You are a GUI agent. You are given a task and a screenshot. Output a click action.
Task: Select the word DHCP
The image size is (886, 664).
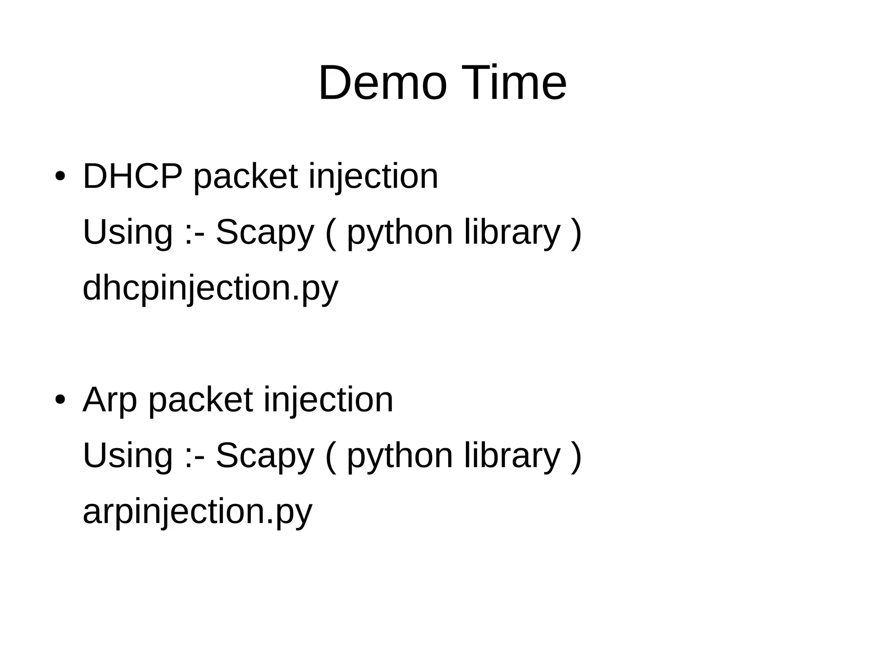pyautogui.click(x=132, y=176)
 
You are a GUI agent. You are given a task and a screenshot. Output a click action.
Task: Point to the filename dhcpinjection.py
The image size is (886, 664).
pyautogui.click(x=210, y=289)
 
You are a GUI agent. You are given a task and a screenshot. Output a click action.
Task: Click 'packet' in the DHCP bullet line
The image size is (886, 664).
pyautogui.click(x=245, y=177)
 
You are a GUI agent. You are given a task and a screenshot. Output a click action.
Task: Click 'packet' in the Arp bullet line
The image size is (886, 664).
pyautogui.click(x=200, y=401)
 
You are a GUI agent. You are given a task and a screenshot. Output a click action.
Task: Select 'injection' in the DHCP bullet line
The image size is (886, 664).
pyautogui.click(x=373, y=177)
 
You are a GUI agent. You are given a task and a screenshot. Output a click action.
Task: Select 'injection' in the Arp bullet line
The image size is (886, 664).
pyautogui.click(x=328, y=401)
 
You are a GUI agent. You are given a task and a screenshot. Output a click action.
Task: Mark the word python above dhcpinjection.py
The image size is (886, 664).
pyautogui.click(x=400, y=234)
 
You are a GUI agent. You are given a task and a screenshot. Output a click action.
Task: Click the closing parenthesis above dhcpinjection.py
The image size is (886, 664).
pyautogui.click(x=576, y=234)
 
